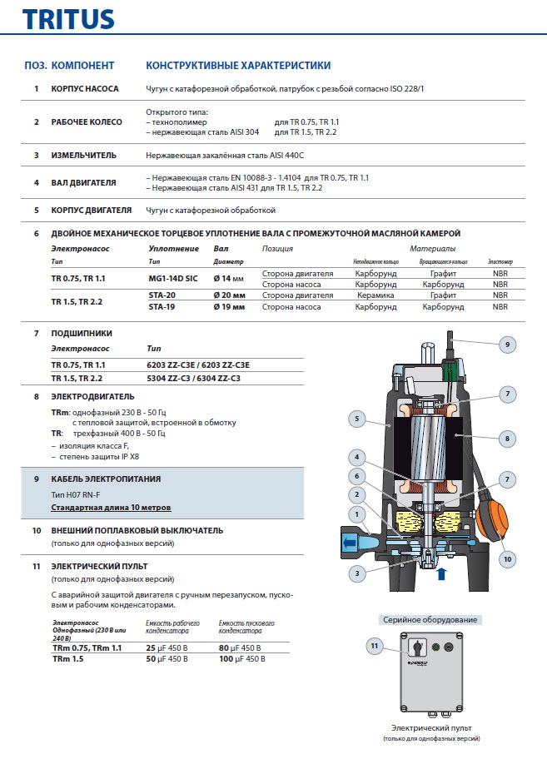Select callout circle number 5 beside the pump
tap(356, 419)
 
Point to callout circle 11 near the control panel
tap(374, 645)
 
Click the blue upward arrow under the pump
tap(441, 573)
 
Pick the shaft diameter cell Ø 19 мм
tap(229, 306)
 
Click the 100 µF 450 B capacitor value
tap(241, 658)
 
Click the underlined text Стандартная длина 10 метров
tap(112, 507)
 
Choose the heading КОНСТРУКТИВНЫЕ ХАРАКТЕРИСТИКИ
tap(237, 65)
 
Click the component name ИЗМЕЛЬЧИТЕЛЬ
tap(83, 155)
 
